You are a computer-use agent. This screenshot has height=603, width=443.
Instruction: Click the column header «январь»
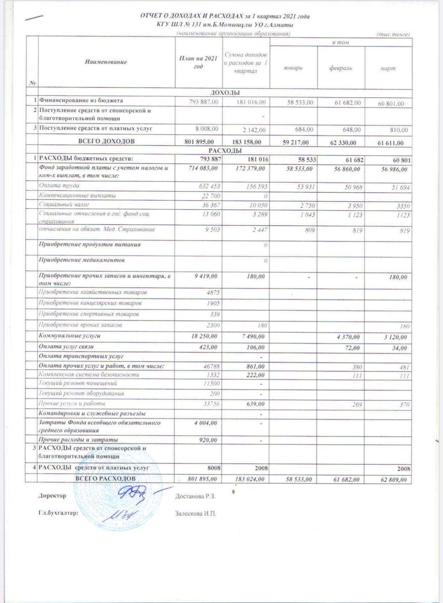tap(293, 68)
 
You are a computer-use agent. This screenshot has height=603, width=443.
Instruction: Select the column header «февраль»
tap(341, 68)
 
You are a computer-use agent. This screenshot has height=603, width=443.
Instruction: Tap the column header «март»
tap(388, 68)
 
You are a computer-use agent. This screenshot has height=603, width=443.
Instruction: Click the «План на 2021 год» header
tap(198, 62)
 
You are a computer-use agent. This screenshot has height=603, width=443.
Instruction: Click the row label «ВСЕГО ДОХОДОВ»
tap(106, 141)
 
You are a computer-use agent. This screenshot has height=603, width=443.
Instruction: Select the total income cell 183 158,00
tap(246, 142)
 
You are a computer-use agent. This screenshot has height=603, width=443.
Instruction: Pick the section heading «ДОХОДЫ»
tap(225, 93)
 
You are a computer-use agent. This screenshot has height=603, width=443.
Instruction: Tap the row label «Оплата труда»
tap(59, 186)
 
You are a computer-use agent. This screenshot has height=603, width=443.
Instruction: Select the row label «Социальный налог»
tap(64, 205)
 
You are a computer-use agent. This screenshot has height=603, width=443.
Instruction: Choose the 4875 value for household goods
tap(213, 293)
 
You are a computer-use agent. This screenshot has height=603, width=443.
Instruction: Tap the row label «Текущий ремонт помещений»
tap(78, 383)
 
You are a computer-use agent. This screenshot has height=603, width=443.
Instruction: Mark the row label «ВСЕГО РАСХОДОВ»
tap(105, 478)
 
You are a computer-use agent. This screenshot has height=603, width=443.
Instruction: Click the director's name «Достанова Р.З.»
tap(195, 496)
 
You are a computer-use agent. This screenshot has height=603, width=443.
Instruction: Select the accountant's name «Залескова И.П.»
tap(195, 514)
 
